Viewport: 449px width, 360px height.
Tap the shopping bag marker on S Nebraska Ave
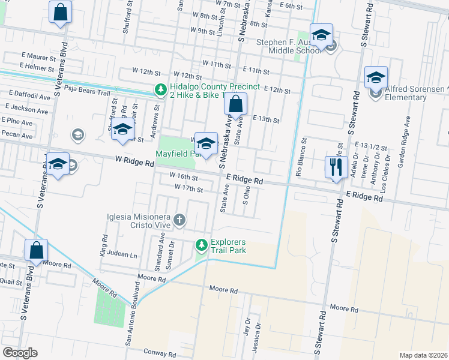(x=236, y=104)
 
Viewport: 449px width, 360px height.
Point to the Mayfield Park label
(x=176, y=154)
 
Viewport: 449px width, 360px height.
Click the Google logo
(x=20, y=353)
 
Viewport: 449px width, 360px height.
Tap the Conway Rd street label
(x=159, y=353)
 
